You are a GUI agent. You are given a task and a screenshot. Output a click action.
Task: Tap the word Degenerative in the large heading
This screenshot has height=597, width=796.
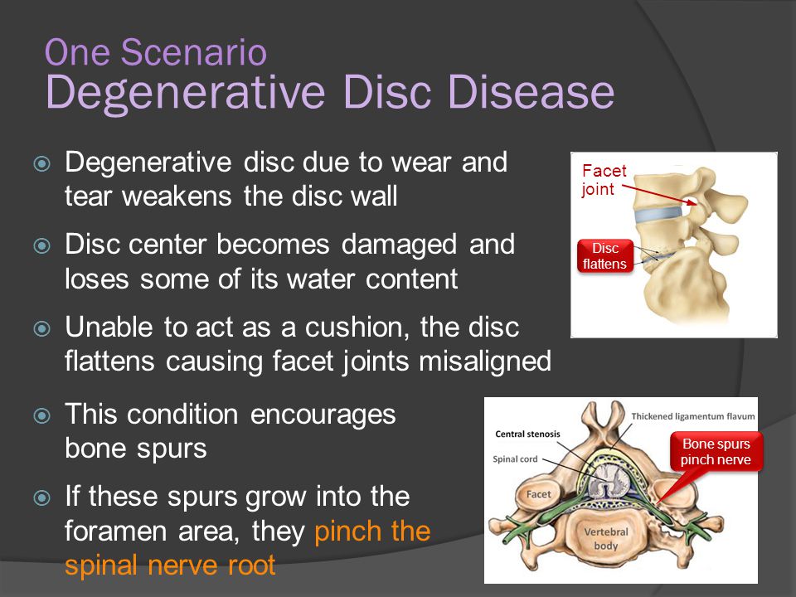pos(185,93)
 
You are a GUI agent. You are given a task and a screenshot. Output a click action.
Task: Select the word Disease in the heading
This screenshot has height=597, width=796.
pos(531,92)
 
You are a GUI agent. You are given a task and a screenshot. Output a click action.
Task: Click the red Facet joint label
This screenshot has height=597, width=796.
pos(604,180)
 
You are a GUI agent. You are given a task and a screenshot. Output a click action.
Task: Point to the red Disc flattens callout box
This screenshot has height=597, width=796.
pos(605,256)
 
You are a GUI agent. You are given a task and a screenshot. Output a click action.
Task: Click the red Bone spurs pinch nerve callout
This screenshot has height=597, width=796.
pos(716,451)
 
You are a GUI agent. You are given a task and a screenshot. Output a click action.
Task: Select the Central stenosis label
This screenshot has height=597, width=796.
pos(527,434)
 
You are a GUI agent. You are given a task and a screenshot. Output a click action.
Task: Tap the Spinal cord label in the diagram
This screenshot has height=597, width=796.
pos(515,459)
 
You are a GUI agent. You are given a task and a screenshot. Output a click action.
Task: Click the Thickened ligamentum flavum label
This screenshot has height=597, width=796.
pos(693,416)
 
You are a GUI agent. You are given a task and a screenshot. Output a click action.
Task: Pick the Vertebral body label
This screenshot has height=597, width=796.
pos(606,539)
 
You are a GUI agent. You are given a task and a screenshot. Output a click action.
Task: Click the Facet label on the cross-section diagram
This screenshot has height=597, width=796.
pos(538,494)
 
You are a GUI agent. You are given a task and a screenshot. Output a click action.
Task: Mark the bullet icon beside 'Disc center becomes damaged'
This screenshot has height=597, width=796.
pos(41,246)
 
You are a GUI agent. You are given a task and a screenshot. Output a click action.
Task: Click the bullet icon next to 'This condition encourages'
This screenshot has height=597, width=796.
pos(41,415)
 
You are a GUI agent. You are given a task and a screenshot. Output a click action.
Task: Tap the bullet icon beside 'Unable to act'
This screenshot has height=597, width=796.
pos(41,328)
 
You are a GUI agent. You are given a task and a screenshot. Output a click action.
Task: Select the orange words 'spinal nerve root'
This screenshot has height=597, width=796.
pos(170,565)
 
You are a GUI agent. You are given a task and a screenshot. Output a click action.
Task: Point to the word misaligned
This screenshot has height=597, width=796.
pos(485,362)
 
